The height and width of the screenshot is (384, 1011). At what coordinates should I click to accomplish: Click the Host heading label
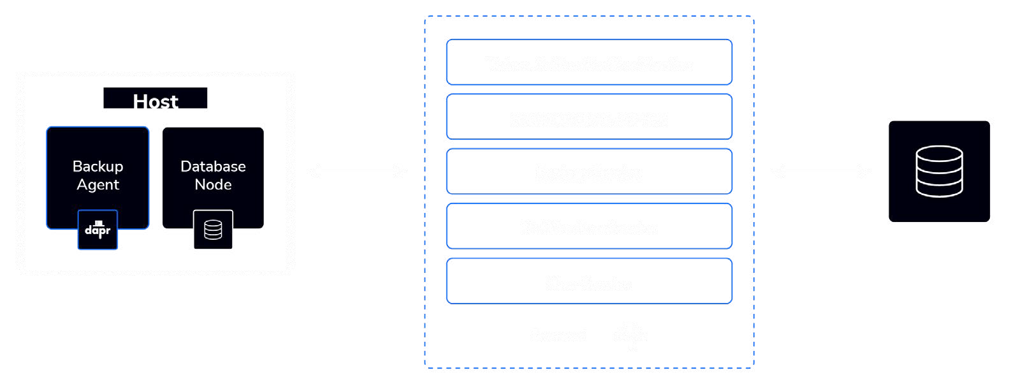[x=156, y=101]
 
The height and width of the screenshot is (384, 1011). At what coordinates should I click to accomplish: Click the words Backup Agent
[x=98, y=175]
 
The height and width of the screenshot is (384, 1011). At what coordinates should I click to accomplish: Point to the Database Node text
[x=213, y=175]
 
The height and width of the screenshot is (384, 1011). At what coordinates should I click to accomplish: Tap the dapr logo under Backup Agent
[x=98, y=230]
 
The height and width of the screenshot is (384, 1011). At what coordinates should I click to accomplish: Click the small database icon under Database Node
[x=213, y=230]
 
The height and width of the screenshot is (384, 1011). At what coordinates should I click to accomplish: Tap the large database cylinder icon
[x=939, y=171]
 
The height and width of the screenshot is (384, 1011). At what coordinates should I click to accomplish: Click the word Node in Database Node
[x=213, y=185]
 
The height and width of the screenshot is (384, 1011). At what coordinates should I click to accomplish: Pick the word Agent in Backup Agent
[x=98, y=185]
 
